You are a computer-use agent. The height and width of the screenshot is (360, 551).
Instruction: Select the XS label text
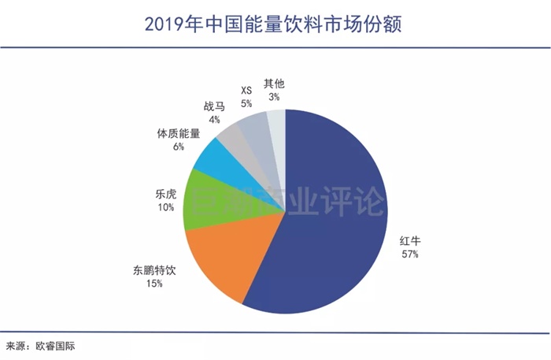coord(246,90)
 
